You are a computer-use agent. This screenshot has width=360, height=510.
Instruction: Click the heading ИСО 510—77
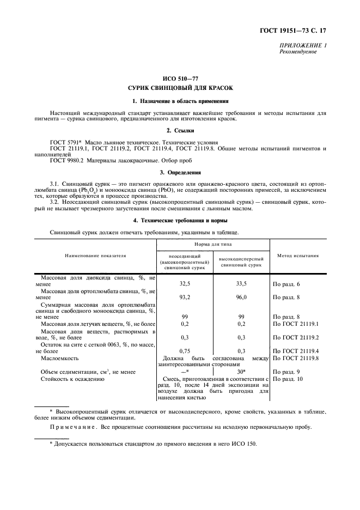[x=180, y=80]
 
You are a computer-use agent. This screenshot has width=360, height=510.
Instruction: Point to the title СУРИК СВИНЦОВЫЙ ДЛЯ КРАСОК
[x=180, y=88]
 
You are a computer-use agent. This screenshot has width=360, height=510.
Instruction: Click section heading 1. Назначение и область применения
[x=180, y=101]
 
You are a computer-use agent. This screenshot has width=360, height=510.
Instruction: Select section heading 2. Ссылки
[x=180, y=131]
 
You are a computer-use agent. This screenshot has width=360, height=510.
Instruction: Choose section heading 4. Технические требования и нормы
[x=180, y=220]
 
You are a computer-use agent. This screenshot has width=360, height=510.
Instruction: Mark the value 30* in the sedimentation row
[x=241, y=371]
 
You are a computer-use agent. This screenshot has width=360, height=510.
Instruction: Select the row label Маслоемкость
[x=60, y=358]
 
